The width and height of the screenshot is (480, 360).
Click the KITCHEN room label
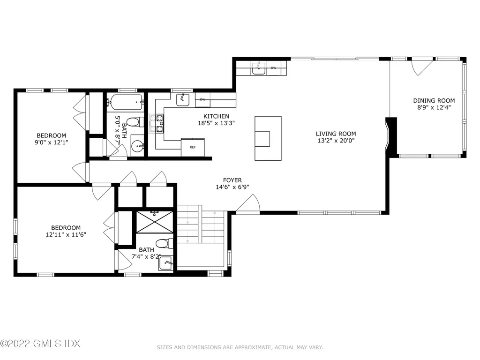[216, 116]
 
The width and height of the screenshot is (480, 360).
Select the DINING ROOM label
[434, 100]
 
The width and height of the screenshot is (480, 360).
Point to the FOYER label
[232, 180]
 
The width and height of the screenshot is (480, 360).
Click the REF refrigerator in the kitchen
[193, 147]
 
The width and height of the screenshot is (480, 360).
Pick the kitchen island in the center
[268, 138]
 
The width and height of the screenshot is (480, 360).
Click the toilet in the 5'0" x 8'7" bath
[133, 122]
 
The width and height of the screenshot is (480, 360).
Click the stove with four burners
[156, 123]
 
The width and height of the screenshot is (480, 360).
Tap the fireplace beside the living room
[391, 136]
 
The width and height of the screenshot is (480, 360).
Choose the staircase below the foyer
[201, 227]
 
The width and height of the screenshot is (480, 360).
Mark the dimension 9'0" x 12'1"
[52, 142]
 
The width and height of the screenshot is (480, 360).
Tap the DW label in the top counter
[273, 68]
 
